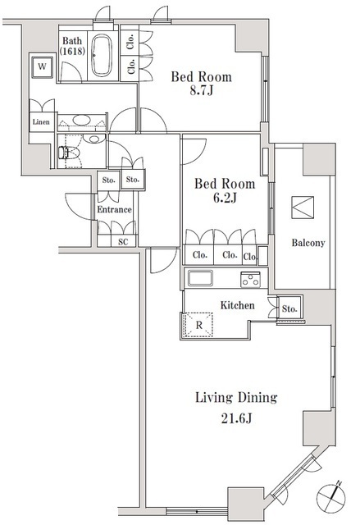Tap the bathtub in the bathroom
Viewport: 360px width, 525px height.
[x=103, y=56]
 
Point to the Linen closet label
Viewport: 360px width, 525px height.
[x=41, y=122]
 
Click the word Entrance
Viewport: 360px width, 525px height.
[x=114, y=210]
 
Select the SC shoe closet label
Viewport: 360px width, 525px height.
[x=123, y=241]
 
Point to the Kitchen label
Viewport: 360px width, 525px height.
[x=238, y=305]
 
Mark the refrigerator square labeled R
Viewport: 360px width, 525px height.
[x=198, y=325]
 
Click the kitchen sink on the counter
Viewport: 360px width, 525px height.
[x=202, y=279]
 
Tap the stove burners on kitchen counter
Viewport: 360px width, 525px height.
[x=250, y=280]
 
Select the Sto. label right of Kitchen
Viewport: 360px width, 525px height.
[x=289, y=309]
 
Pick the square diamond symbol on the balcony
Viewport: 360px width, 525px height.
[x=302, y=206]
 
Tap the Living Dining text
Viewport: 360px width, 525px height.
[x=235, y=398]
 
